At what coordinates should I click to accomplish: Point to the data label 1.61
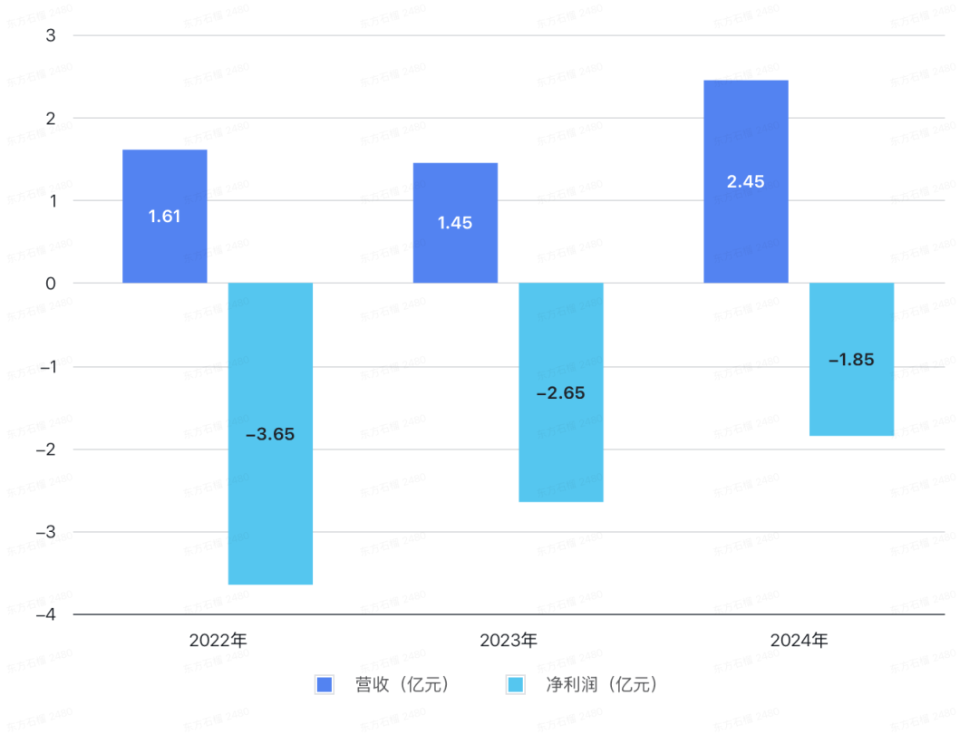[165, 217]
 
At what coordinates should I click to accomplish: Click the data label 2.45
[746, 181]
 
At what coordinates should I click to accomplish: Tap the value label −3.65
[270, 434]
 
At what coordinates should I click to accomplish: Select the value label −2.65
[560, 393]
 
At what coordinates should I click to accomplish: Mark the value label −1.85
[851, 360]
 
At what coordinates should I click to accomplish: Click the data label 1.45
[455, 223]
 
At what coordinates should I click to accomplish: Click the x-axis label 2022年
[218, 640]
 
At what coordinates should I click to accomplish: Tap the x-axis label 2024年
[799, 640]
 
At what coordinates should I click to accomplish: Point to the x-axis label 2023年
[509, 640]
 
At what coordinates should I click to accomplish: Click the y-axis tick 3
[50, 35]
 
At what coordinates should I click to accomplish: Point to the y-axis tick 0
[50, 284]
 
